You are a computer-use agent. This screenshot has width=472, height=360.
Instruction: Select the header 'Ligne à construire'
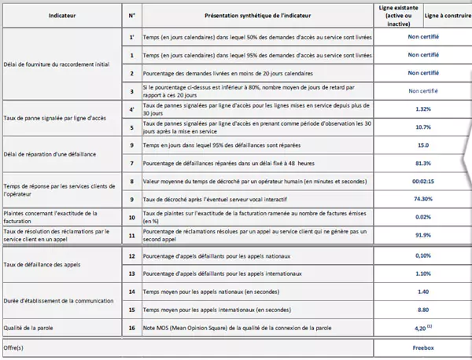(x=446, y=15)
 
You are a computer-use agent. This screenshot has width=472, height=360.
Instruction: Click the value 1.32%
(x=422, y=109)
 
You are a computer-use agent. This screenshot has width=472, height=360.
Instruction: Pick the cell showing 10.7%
(x=422, y=127)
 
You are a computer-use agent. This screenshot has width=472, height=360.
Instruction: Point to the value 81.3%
(x=422, y=163)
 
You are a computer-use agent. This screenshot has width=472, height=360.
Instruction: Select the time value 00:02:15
(x=422, y=181)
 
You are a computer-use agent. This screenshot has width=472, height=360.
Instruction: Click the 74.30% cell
(x=422, y=199)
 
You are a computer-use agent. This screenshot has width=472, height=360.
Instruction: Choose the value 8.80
(x=422, y=309)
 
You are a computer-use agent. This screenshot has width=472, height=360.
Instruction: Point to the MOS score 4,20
(x=421, y=327)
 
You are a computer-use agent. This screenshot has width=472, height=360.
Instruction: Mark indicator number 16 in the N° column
(x=131, y=327)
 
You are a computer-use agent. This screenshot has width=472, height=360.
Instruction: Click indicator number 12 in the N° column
(x=131, y=255)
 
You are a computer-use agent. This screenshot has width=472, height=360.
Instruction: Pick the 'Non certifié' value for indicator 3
(x=422, y=91)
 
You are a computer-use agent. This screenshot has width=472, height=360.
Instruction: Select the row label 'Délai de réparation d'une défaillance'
(x=50, y=153)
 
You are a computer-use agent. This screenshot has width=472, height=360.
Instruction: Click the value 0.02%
(x=422, y=216)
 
